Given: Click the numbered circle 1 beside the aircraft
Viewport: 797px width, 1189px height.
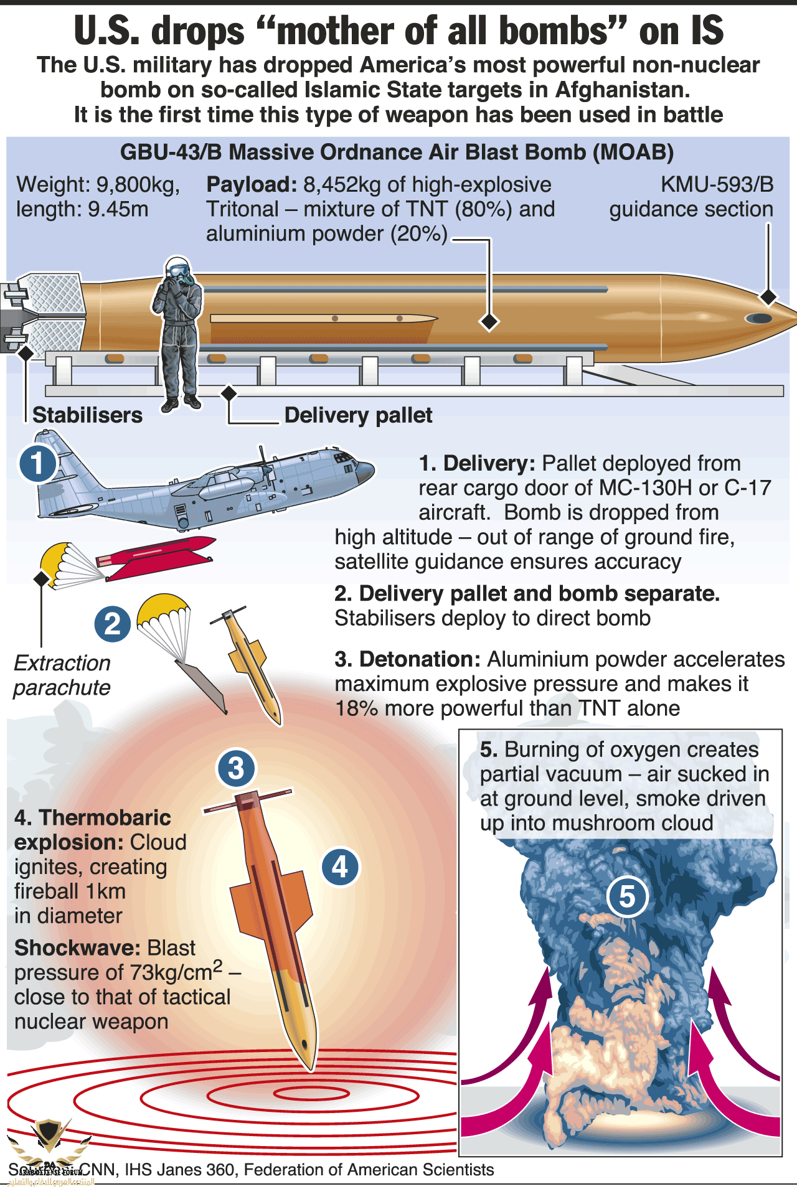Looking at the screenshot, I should click(x=37, y=463).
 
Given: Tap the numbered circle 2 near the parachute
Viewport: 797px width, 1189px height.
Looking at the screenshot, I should click(x=112, y=624).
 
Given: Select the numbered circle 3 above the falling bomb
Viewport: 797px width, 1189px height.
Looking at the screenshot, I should click(x=236, y=768).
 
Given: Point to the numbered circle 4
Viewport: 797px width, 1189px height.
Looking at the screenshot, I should click(x=340, y=867).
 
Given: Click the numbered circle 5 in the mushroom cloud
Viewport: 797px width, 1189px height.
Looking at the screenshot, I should click(x=627, y=897).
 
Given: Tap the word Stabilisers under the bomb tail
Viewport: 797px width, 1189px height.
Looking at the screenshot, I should click(x=87, y=415).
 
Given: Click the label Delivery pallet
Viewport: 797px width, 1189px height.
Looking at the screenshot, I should click(x=358, y=415).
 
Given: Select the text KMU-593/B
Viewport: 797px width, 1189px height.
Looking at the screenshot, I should click(x=717, y=184).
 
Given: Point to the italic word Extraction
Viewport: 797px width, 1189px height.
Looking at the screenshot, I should click(x=62, y=663).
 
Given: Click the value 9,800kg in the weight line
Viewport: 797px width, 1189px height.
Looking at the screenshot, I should click(x=137, y=184).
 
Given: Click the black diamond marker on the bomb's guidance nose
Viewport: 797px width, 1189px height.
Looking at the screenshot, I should click(x=769, y=297).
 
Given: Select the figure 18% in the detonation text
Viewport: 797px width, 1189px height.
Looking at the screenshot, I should click(x=357, y=708).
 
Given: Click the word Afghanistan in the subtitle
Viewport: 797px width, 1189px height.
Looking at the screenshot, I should click(x=622, y=90).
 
